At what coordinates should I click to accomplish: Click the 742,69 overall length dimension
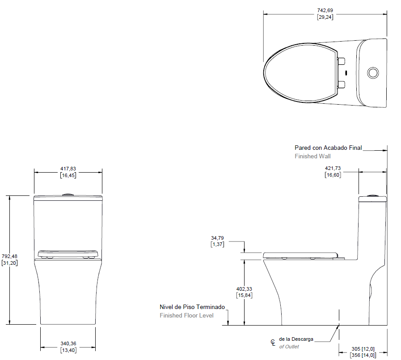[x=325, y=14]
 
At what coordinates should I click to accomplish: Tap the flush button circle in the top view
[x=373, y=73]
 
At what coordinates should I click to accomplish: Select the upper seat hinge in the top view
[x=341, y=61]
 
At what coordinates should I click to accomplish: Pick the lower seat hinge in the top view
[x=341, y=85]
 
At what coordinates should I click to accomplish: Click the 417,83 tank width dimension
[x=68, y=172]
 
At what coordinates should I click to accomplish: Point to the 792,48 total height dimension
[x=9, y=259]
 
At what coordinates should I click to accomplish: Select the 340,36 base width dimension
[x=68, y=347]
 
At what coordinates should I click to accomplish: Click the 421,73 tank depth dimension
[x=333, y=171]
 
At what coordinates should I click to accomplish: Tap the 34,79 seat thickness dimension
[x=217, y=241]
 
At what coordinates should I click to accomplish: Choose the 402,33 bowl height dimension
[x=244, y=292]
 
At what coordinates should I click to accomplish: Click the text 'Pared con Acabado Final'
[x=328, y=148]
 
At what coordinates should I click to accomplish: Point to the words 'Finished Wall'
[x=312, y=156]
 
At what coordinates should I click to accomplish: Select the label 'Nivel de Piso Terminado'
[x=192, y=307]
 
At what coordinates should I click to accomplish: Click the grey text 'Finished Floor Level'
[x=187, y=315]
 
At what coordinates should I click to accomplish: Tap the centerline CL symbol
[x=273, y=343]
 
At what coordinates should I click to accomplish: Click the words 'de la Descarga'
[x=296, y=339]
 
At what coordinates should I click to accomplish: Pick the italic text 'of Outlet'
[x=289, y=347]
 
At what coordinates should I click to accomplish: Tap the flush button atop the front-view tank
[x=68, y=195]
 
